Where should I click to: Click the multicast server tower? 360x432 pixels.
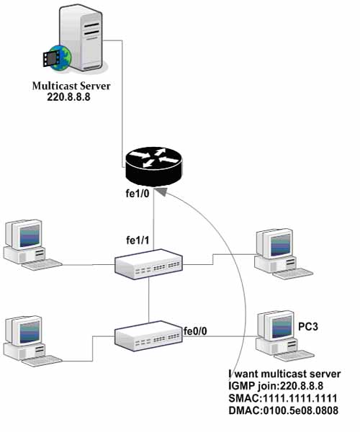pyautogui.click(x=82, y=38)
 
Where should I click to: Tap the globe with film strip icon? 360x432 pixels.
pyautogui.click(x=57, y=58)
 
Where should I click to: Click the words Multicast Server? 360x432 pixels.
pyautogui.click(x=71, y=86)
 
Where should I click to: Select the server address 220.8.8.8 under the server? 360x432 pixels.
pyautogui.click(x=68, y=97)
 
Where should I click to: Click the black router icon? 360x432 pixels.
pyautogui.click(x=153, y=166)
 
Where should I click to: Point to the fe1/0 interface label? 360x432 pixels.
pyautogui.click(x=138, y=194)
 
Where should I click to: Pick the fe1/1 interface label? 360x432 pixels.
pyautogui.click(x=138, y=240)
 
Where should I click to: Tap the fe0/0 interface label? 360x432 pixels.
pyautogui.click(x=195, y=331)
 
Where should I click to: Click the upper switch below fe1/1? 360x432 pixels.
pyautogui.click(x=148, y=264)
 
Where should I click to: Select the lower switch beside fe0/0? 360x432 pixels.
pyautogui.click(x=148, y=336)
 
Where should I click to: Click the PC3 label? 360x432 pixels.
pyautogui.click(x=308, y=326)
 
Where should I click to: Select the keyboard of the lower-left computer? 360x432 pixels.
pyautogui.click(x=42, y=361)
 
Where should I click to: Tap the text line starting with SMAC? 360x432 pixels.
pyautogui.click(x=283, y=398)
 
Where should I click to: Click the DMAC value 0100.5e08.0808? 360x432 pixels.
pyautogui.click(x=301, y=410)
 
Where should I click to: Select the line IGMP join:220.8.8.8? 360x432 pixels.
pyautogui.click(x=276, y=386)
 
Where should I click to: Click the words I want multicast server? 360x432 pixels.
pyautogui.click(x=284, y=374)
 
